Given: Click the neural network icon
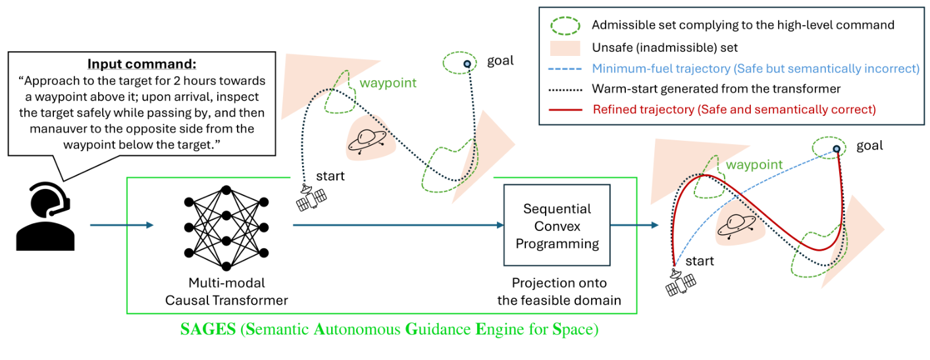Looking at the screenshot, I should (x=226, y=228).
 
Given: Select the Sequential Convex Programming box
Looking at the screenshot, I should (x=557, y=226).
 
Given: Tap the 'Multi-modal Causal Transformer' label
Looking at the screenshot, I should (x=226, y=292).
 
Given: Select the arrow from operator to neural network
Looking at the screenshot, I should (x=121, y=226).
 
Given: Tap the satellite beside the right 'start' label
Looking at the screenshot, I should (x=681, y=281).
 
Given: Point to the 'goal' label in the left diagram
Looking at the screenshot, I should (x=500, y=61).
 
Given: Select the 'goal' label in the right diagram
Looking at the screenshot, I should (x=869, y=145).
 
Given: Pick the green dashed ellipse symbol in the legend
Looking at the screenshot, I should (x=565, y=26).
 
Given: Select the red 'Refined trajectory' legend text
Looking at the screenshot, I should (x=734, y=109).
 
